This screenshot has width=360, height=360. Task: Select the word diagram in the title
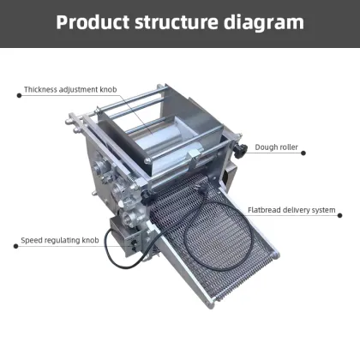[261, 21]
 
